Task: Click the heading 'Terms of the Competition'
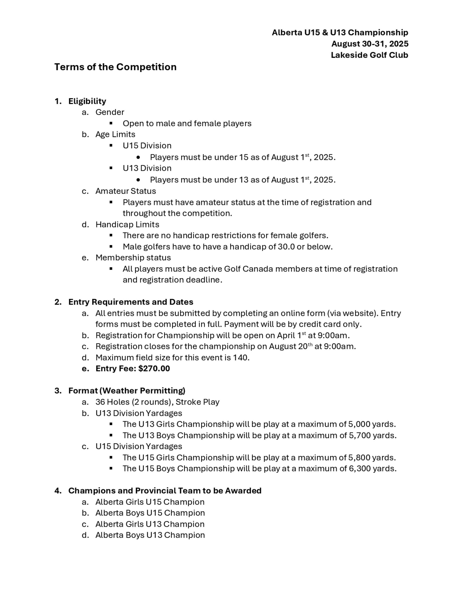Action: coord(115,67)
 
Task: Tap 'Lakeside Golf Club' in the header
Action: coord(369,55)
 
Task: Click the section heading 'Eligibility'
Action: coord(87,101)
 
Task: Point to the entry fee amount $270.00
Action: coord(154,369)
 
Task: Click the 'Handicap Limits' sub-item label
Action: coord(127,224)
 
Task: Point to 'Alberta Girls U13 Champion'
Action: coord(150,524)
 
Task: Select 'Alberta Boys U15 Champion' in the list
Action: coord(150,513)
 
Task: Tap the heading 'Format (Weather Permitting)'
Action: coord(127,391)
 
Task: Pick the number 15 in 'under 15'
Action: coord(244,157)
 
